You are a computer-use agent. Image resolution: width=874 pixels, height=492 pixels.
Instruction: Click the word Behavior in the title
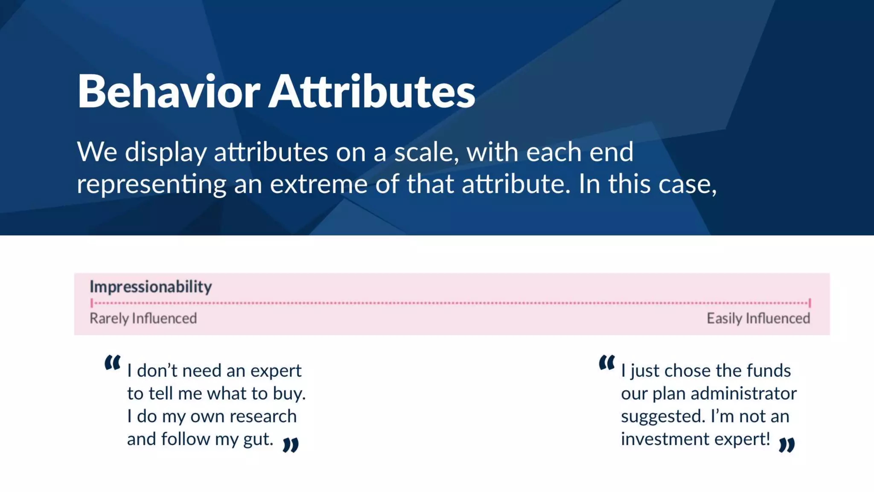pyautogui.click(x=168, y=91)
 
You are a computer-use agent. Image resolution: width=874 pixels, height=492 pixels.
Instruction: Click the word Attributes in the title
pyautogui.click(x=372, y=91)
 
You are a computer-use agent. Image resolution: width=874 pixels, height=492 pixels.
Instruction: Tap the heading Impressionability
pyautogui.click(x=151, y=287)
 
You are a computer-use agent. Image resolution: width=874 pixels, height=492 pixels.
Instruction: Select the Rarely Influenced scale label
pyautogui.click(x=143, y=319)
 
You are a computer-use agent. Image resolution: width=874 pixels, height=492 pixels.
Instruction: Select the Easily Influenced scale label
pyautogui.click(x=758, y=319)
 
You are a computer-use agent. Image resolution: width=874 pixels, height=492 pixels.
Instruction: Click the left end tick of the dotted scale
pyautogui.click(x=92, y=303)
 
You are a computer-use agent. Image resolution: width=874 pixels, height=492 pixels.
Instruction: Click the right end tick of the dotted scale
pyautogui.click(x=810, y=303)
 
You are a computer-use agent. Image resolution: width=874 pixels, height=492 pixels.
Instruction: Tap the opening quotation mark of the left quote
pyautogui.click(x=112, y=363)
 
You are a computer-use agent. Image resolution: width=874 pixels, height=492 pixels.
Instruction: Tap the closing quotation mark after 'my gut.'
pyautogui.click(x=291, y=445)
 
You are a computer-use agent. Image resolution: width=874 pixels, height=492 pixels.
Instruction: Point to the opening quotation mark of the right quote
pyautogui.click(x=606, y=363)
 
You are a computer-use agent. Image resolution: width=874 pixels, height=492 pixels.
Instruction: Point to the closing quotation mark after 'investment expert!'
pyautogui.click(x=787, y=445)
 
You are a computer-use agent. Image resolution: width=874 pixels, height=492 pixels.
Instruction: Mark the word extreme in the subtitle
pyautogui.click(x=318, y=184)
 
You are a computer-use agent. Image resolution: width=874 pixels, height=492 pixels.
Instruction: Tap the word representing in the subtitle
pyautogui.click(x=151, y=184)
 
